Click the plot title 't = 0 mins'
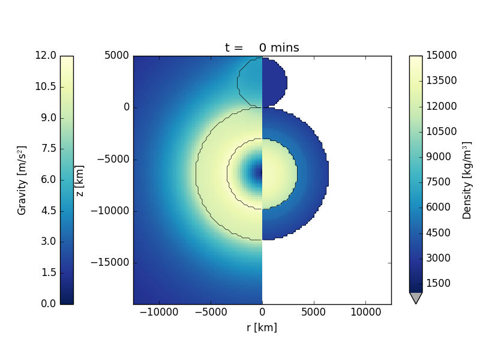262,48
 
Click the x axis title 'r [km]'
262,328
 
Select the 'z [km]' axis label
79,180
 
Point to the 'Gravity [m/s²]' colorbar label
22,180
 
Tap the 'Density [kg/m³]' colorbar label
467,180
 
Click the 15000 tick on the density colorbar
440,56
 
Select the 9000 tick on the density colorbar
440,157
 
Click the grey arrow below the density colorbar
415,298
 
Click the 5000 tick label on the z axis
117,56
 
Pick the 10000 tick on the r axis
365,313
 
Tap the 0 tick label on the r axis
262,313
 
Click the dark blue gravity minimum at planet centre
258,173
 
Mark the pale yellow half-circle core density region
278,173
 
